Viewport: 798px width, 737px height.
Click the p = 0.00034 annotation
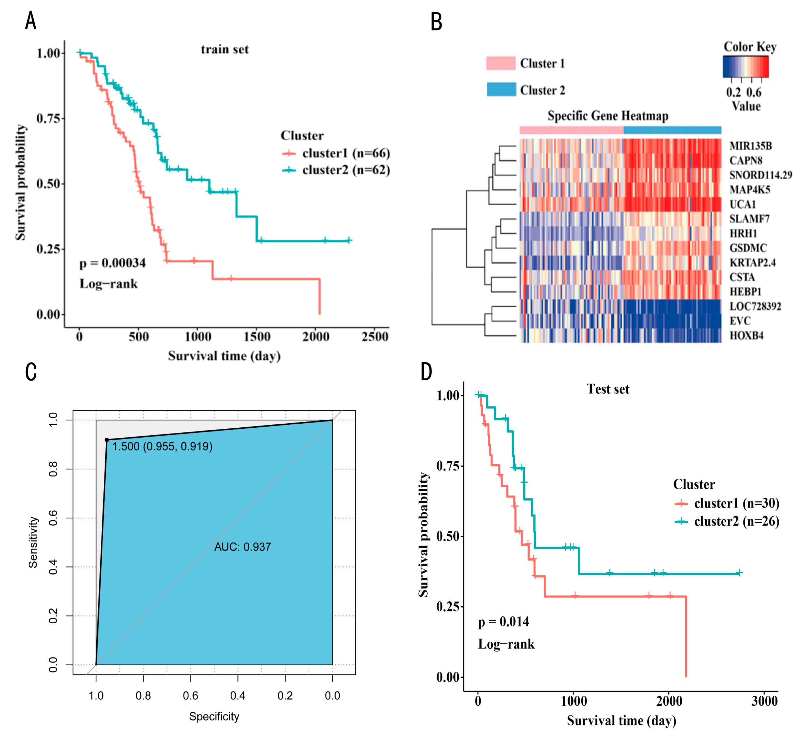112,263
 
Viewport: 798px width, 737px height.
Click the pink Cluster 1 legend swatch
500,63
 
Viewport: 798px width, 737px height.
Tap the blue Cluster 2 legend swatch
501,90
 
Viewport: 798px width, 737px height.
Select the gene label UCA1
742,204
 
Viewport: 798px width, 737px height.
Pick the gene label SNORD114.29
760,175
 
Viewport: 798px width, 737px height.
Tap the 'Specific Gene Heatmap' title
607,116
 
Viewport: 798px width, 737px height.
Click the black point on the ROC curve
106,440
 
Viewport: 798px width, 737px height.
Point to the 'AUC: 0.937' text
243,547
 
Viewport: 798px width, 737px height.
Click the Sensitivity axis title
33,542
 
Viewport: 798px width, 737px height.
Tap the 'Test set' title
607,389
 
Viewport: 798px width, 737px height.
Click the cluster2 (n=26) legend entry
736,521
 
